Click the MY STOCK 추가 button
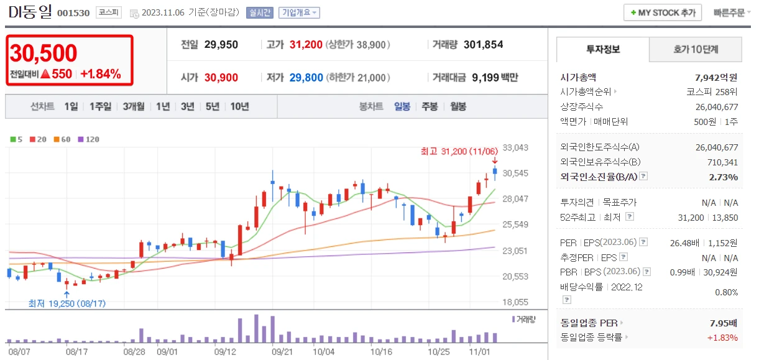pyautogui.click(x=663, y=12)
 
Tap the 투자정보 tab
pyautogui.click(x=602, y=49)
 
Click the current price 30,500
pyautogui.click(x=44, y=54)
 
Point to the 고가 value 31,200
pyautogui.click(x=306, y=45)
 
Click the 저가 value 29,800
pyautogui.click(x=306, y=78)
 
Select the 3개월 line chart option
pyautogui.click(x=134, y=106)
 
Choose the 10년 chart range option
pyautogui.click(x=239, y=106)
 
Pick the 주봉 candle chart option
pyautogui.click(x=430, y=106)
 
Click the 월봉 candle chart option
pyautogui.click(x=458, y=106)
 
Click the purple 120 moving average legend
pyautogui.click(x=88, y=139)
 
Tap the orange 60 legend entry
pyautogui.click(x=62, y=139)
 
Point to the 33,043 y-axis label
pyautogui.click(x=516, y=148)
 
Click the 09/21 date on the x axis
pyautogui.click(x=282, y=351)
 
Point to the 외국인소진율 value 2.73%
pyautogui.click(x=725, y=177)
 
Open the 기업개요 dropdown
pyautogui.click(x=299, y=12)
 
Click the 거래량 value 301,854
pyautogui.click(x=483, y=45)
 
